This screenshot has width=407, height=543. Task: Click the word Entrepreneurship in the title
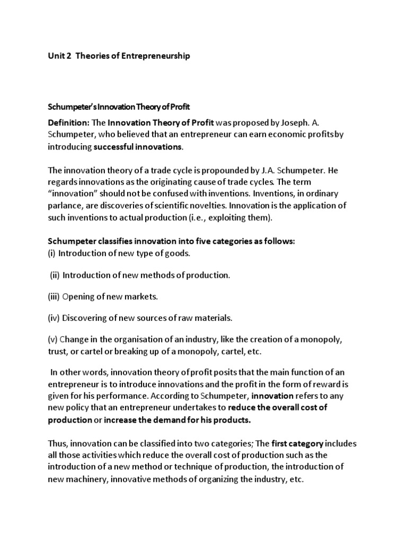[153, 56]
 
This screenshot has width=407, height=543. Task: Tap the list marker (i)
[52, 253]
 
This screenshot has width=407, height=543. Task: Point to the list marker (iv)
[54, 318]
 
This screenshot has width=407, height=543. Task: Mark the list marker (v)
[53, 340]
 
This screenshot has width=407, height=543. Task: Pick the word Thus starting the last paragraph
[57, 443]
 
